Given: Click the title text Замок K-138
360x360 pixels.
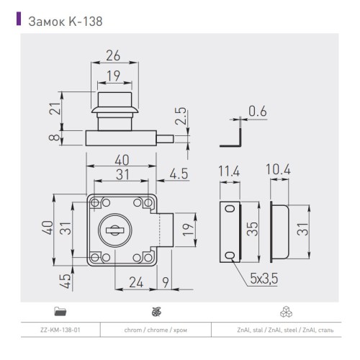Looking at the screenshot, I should tap(69, 21).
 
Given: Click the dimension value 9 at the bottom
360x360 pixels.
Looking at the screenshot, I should tap(166, 282).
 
